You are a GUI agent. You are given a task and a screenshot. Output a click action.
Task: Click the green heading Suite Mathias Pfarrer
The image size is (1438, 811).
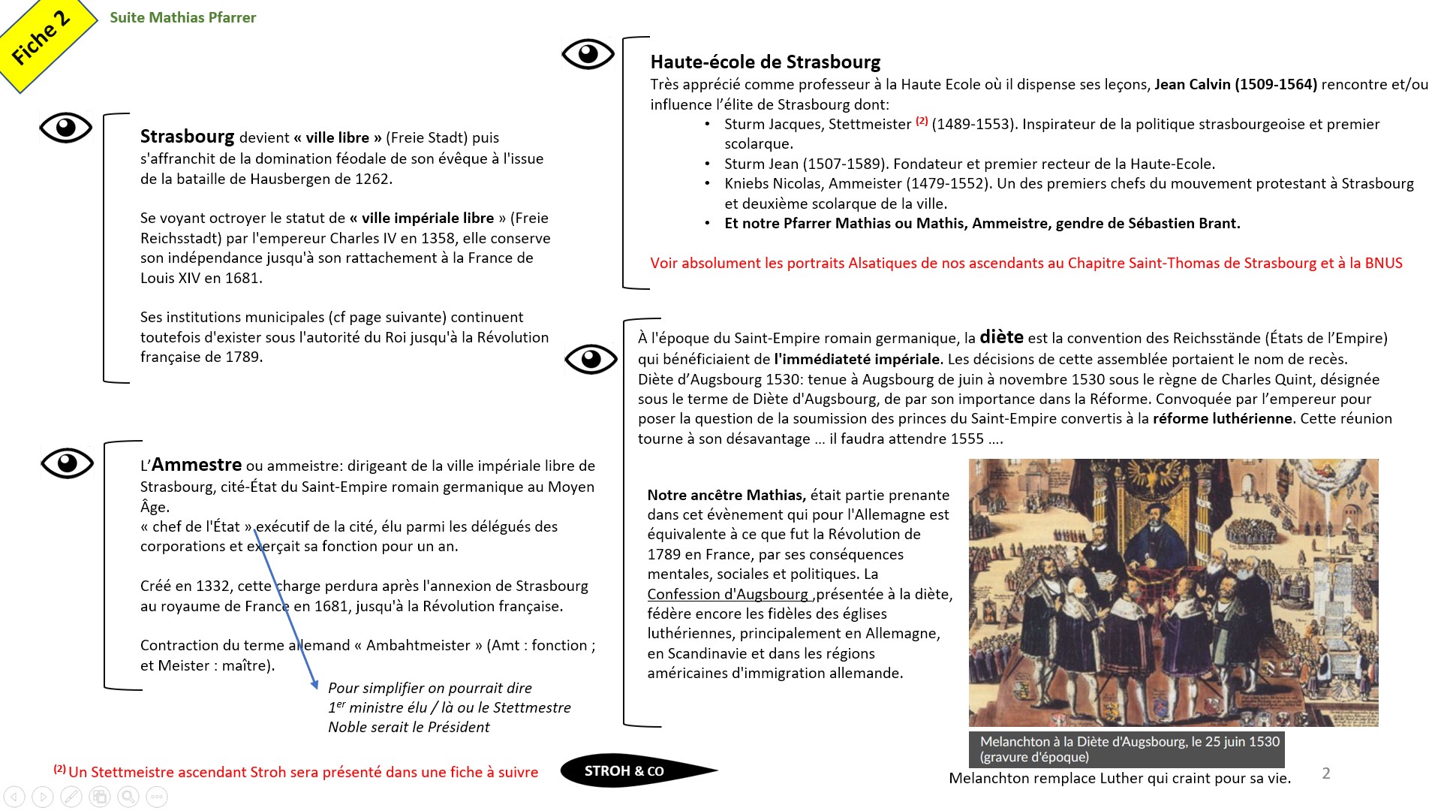pos(182,17)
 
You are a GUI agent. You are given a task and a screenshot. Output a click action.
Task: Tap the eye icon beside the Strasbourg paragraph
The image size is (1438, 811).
pos(66,128)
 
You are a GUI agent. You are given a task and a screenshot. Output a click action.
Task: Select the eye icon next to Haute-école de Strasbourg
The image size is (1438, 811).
pos(588,54)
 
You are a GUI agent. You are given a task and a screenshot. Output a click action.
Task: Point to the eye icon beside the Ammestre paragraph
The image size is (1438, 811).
pos(68,463)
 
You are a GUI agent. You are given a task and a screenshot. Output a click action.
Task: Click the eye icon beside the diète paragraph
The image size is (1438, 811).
pos(591,359)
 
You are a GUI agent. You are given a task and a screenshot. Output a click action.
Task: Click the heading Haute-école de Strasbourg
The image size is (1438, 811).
pos(765,62)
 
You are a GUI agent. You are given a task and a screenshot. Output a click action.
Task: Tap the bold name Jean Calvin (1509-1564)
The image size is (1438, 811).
pos(1235,84)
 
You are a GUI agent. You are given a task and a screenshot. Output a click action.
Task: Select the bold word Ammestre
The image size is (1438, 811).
pos(197,465)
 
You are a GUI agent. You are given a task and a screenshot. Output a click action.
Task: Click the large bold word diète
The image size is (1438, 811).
pos(1001,337)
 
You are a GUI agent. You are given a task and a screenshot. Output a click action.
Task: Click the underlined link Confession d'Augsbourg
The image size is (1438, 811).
pos(728,594)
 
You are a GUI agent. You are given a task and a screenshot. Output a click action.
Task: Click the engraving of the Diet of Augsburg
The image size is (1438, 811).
pos(1173,592)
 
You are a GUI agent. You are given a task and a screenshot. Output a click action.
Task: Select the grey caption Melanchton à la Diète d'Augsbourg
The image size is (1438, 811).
pos(1126,749)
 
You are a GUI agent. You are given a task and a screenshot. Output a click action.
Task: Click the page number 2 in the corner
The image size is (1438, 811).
pos(1326,773)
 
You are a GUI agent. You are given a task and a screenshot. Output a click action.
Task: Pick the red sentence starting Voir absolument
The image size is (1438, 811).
pos(1026,263)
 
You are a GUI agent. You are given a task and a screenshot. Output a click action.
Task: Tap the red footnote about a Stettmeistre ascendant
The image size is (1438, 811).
pos(296,772)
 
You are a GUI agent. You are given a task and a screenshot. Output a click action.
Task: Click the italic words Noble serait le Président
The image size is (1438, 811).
pos(408,727)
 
